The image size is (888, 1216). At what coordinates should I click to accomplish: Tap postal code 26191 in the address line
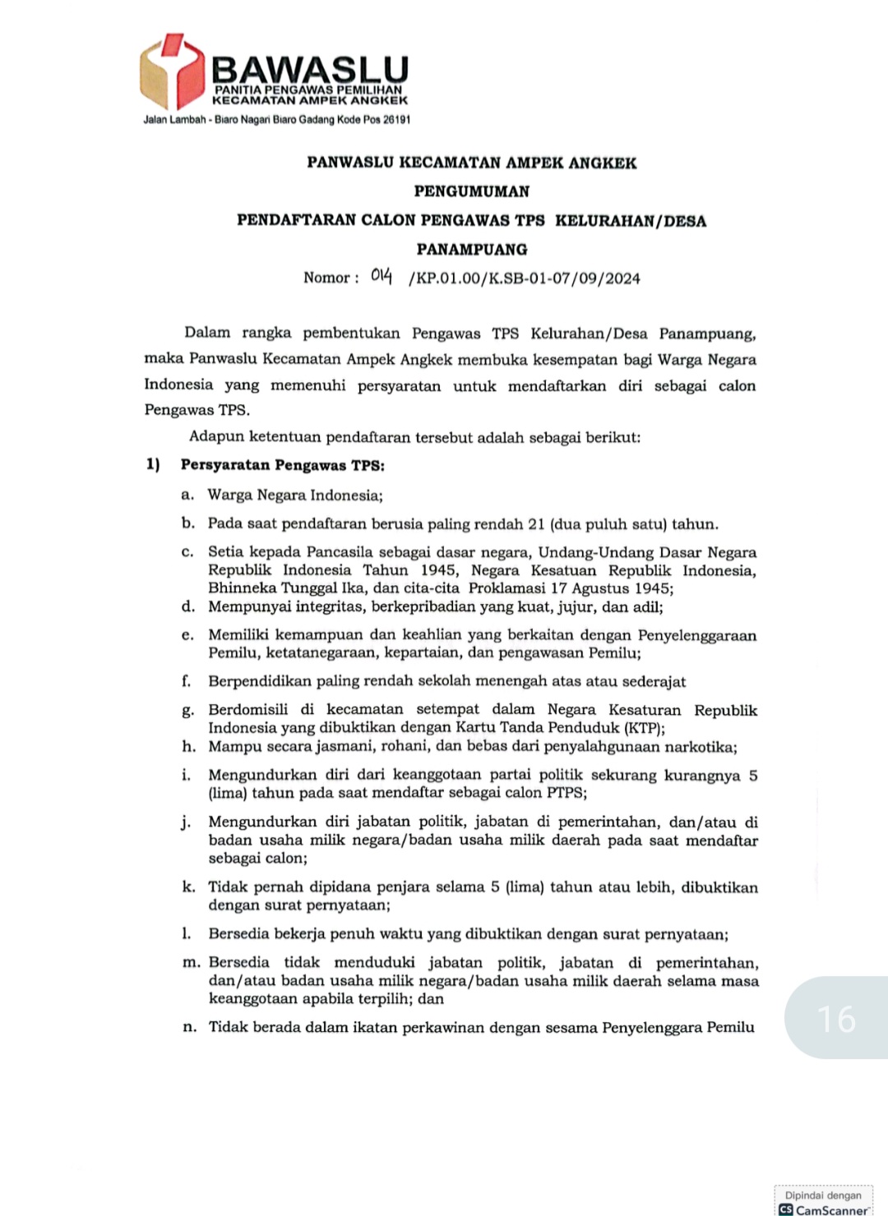tap(395, 120)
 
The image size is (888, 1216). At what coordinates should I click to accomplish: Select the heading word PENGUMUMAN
tap(472, 191)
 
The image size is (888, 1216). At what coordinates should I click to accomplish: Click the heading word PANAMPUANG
tap(472, 249)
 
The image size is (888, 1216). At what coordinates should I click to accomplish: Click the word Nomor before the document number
tap(326, 278)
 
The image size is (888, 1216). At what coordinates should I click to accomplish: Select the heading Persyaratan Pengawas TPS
tap(282, 465)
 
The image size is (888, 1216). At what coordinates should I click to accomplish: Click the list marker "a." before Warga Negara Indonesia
tap(187, 495)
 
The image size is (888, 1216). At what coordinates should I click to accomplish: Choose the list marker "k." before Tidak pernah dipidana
tap(188, 887)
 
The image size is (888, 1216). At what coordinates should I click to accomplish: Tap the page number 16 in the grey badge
tap(837, 1019)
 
